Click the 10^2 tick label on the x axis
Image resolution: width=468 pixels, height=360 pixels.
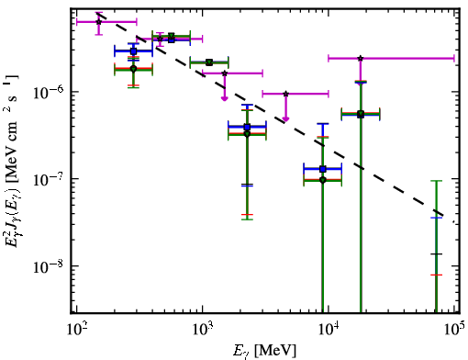pos(76,330)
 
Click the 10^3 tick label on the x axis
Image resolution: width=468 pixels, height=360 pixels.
pos(202,330)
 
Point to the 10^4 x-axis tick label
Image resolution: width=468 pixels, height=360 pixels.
pos(329,330)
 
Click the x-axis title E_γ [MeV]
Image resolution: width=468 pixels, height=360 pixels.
pos(264,351)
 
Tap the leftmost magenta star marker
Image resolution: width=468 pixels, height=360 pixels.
pos(98,22)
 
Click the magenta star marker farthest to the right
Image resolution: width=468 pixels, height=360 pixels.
pos(361,58)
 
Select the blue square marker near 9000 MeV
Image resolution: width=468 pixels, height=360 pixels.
pos(323,169)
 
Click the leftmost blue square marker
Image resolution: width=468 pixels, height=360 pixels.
pos(133,51)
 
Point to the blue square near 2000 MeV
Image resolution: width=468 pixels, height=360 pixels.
pos(247,127)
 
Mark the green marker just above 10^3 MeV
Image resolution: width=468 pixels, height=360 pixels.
pos(209,62)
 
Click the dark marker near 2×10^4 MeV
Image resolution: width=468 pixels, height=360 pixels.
pos(361,115)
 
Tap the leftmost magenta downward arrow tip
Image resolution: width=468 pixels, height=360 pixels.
pos(225,100)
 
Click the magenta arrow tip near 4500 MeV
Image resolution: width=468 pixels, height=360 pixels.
pos(285,120)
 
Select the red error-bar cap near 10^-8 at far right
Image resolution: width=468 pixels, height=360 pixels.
pos(436,276)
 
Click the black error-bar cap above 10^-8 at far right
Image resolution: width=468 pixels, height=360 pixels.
pos(436,254)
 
